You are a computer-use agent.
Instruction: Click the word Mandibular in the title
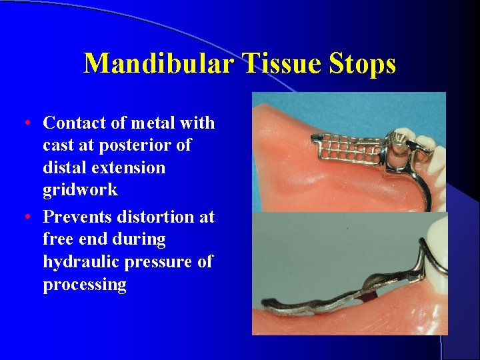159,64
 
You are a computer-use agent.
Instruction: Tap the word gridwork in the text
80,191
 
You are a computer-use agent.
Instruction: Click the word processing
84,285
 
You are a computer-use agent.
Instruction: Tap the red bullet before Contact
25,123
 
